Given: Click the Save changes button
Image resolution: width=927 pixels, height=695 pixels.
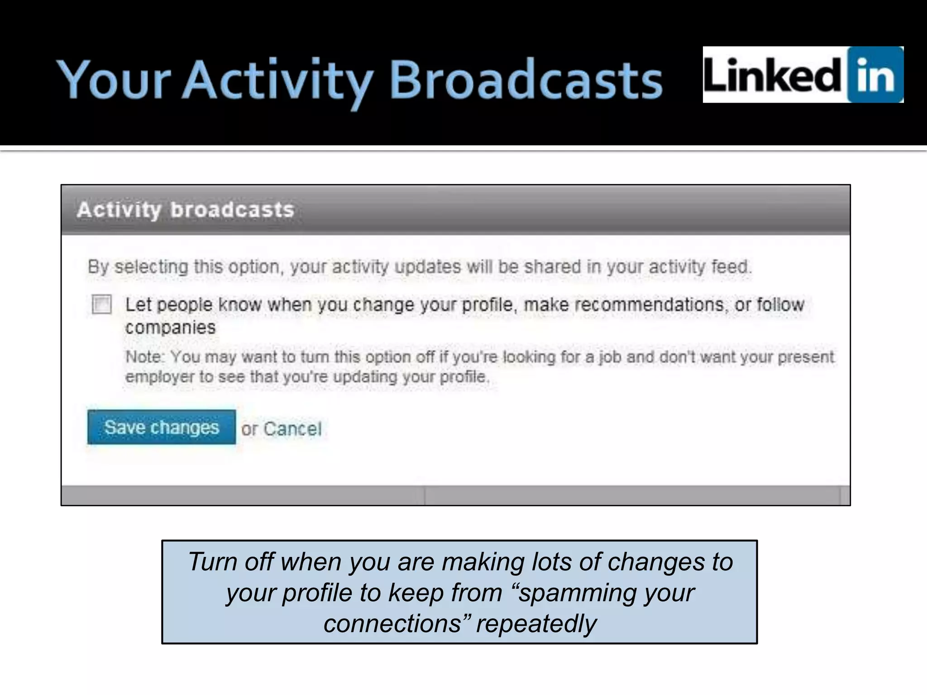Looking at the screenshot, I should click(161, 427).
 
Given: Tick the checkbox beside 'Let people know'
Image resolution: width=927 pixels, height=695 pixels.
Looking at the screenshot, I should click(101, 304).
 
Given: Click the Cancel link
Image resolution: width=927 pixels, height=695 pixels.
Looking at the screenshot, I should click(292, 428).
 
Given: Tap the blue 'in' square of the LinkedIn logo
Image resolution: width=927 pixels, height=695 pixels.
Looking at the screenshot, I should click(874, 75).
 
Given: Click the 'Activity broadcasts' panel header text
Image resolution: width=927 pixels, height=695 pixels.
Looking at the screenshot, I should click(186, 210).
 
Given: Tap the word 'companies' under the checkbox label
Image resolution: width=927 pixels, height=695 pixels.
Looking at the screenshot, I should click(170, 328).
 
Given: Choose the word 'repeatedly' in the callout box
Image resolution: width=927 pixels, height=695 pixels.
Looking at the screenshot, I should click(536, 624).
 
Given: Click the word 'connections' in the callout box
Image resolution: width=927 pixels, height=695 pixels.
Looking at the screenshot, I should click(393, 624).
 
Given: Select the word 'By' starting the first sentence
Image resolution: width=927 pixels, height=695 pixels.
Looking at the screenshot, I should click(98, 267).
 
